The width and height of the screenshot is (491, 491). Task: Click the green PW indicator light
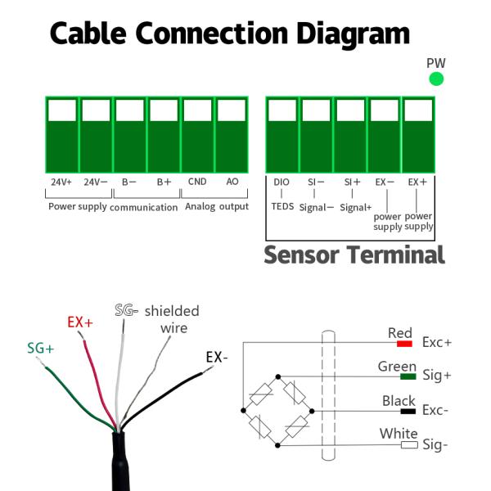436,79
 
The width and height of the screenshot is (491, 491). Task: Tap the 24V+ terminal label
61,182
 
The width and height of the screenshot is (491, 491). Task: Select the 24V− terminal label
96,182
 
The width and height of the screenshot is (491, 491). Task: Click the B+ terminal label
164,182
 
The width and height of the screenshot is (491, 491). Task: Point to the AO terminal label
232,182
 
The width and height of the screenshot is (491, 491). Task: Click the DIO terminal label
282,182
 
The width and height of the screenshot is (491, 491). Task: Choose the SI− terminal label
316,182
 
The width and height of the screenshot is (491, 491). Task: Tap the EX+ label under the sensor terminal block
418,182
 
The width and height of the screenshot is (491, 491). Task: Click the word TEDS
282,206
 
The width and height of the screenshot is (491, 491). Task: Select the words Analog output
216,206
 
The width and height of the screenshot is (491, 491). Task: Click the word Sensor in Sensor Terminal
300,255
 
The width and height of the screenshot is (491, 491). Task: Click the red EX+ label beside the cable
80,322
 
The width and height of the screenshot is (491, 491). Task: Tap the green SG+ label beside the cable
41,348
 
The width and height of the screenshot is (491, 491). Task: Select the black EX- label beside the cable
217,358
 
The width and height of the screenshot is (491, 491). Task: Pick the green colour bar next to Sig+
408,376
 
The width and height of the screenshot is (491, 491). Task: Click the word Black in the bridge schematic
399,401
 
